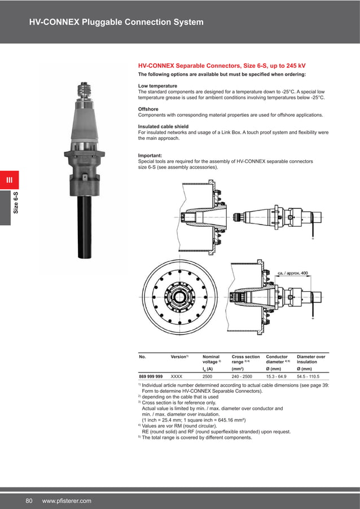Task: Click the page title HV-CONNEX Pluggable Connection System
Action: coord(116,23)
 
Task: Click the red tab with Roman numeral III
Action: coord(9,181)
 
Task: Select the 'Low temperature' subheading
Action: coord(159,86)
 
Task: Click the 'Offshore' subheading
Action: coord(148,109)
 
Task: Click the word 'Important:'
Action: coord(150,155)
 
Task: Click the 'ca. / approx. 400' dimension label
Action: coord(293,273)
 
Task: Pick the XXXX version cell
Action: coord(176,375)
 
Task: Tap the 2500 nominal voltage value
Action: coord(208,375)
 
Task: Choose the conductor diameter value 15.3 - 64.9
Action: coord(276,375)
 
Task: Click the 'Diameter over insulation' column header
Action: coord(311,359)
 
